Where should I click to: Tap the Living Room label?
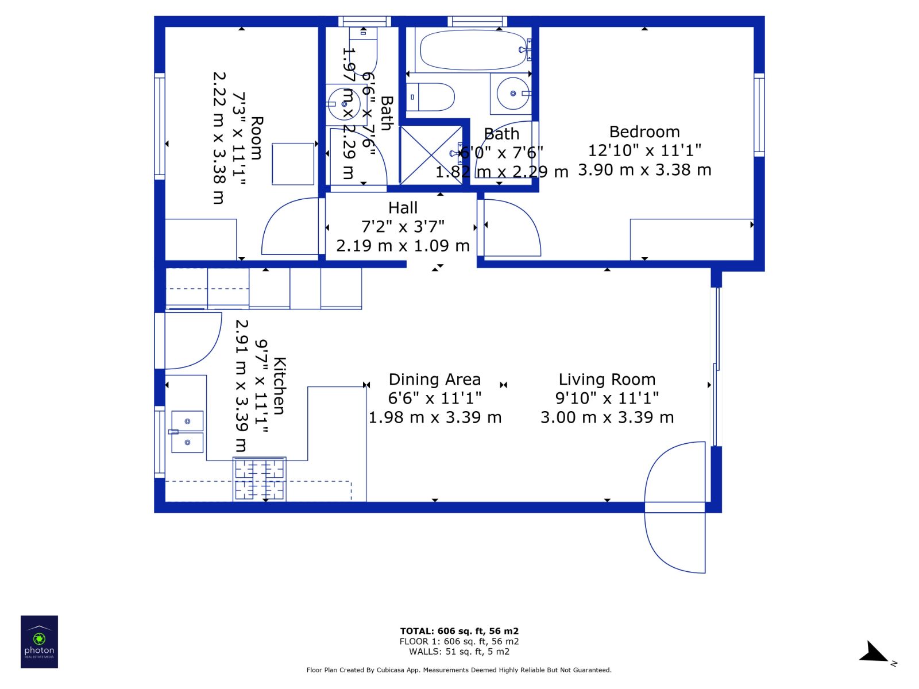[607, 380]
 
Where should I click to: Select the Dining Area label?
[435, 380]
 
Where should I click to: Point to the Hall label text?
[403, 207]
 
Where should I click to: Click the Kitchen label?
[279, 386]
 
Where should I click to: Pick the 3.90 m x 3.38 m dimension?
[644, 170]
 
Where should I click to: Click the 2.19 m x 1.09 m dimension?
[403, 246]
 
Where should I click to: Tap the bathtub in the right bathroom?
[473, 50]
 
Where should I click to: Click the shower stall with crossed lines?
[431, 155]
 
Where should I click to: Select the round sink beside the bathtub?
[512, 93]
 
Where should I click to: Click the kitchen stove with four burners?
[260, 479]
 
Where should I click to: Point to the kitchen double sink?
[187, 432]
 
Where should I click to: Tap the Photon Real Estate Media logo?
[40, 642]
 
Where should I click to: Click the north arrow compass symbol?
[875, 653]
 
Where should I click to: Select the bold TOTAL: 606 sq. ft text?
[459, 631]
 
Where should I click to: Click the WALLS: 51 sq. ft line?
[459, 651]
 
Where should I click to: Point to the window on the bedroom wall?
[759, 115]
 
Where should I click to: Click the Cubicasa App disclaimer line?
[459, 669]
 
